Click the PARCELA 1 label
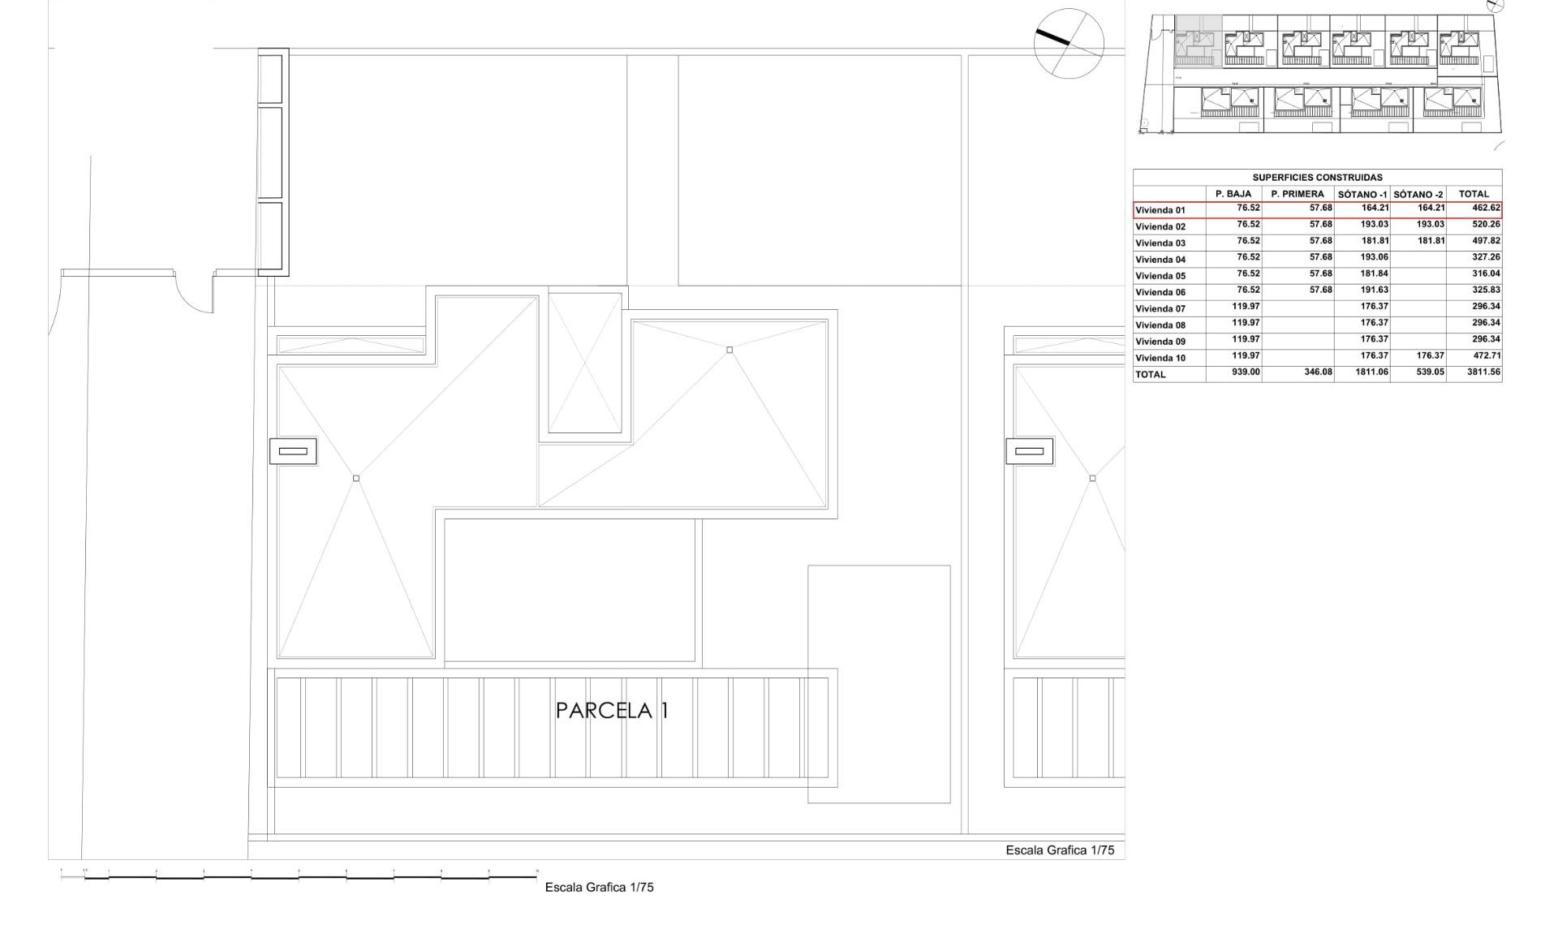coord(612,711)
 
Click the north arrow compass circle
coord(1069,44)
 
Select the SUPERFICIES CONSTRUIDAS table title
coord(1317,178)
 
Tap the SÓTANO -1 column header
coord(1362,195)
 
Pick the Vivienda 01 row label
coord(1160,210)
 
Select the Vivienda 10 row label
coord(1160,358)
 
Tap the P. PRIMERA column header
coord(1297,195)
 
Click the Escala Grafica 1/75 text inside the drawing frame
coord(1060,850)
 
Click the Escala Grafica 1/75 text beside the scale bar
coord(599,888)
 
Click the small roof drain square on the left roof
coord(356,479)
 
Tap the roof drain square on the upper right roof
coord(730,351)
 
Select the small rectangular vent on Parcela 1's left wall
coord(293,451)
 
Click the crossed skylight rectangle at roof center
coord(584,363)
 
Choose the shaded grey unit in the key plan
coord(1198,41)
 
